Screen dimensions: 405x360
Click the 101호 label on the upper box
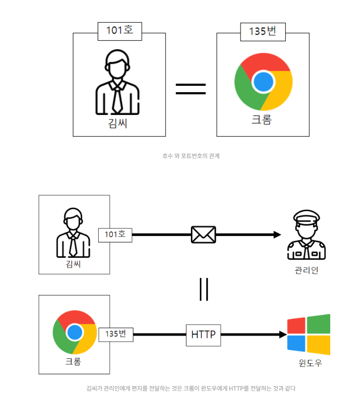point(120,30)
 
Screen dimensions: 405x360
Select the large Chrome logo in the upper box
point(263,81)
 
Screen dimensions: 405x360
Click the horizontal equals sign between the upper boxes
point(191,89)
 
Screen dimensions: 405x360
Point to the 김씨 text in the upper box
point(118,122)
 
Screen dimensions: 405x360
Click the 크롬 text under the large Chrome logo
point(262,120)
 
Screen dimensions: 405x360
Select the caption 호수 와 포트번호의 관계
point(190,156)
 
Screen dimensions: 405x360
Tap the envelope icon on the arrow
point(203,234)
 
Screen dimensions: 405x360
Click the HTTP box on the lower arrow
point(203,335)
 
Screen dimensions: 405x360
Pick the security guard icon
point(306,235)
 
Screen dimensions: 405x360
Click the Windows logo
point(308,334)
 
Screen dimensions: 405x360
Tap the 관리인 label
point(306,270)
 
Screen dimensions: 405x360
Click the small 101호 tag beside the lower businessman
point(115,234)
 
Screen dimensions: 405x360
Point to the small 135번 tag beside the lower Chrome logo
point(116,334)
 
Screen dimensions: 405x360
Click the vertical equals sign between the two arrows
point(203,289)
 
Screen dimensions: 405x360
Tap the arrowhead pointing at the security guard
point(277,234)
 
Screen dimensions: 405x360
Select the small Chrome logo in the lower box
point(74,332)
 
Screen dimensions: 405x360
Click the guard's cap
point(306,217)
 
